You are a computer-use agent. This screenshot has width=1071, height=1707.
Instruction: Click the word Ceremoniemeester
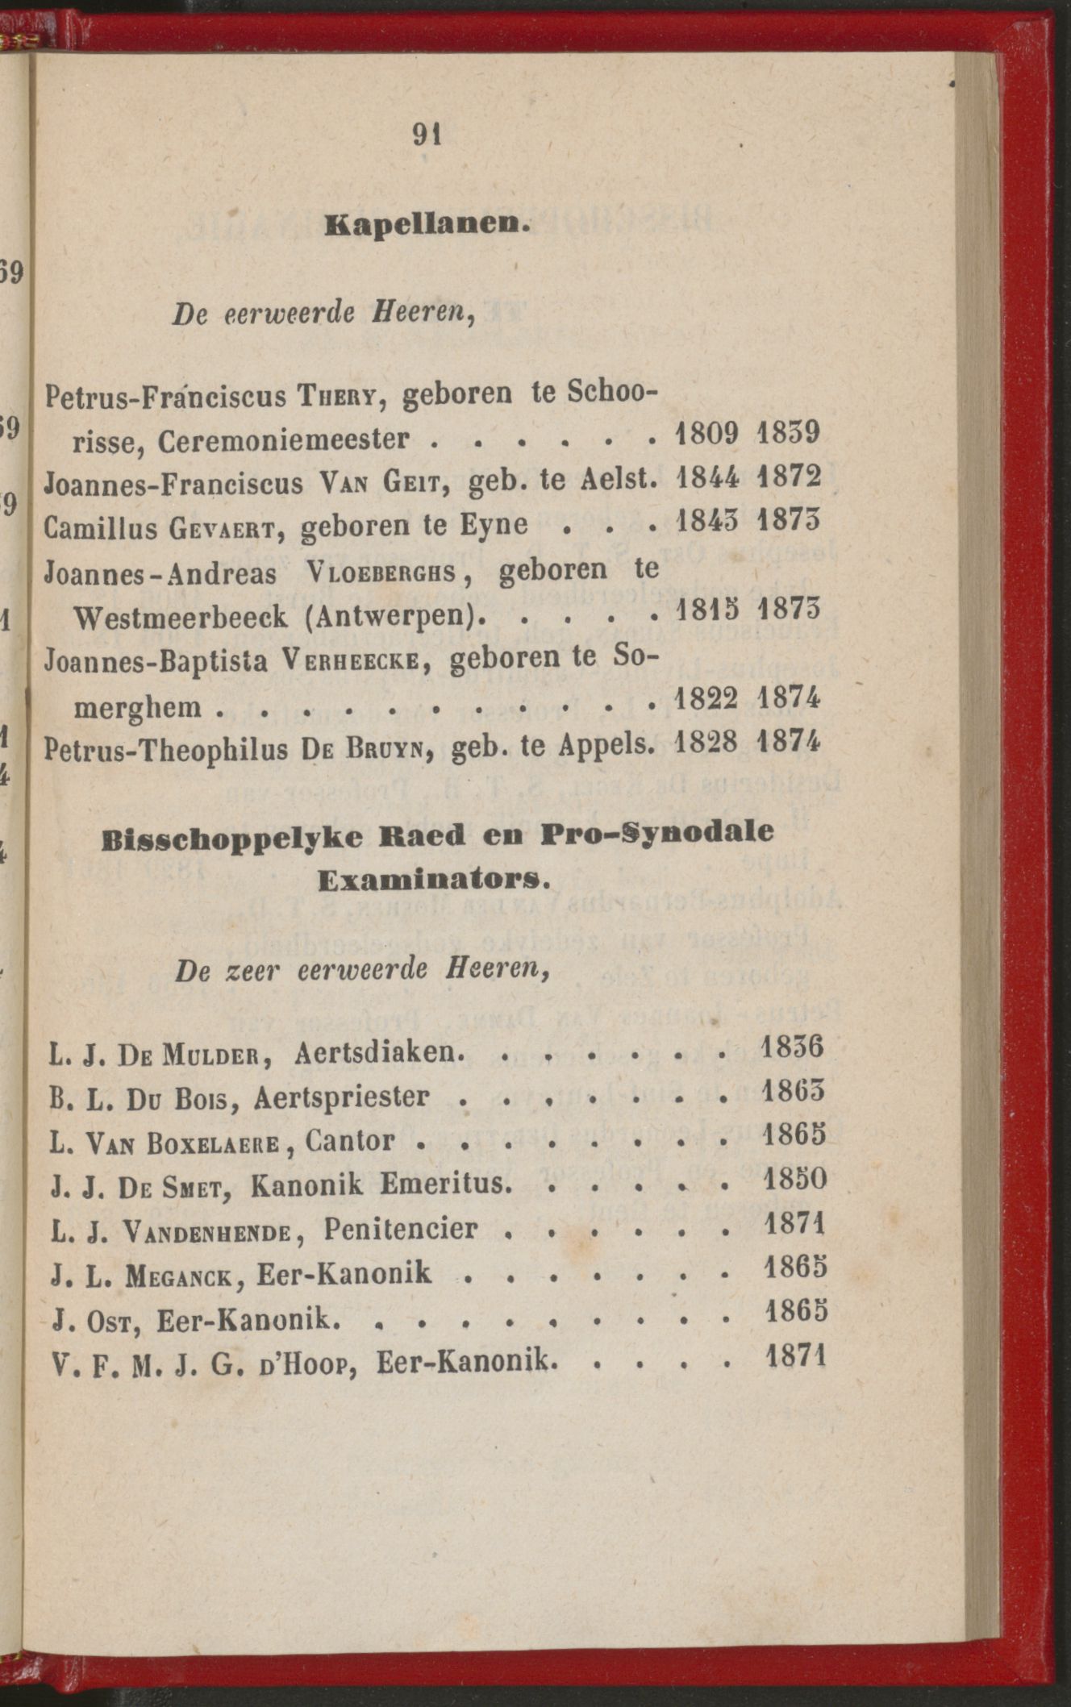284,440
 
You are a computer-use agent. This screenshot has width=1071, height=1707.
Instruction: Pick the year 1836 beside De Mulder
793,1047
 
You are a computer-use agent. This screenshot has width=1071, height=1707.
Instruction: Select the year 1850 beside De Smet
794,1179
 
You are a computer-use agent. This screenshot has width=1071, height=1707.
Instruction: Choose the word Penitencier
401,1229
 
